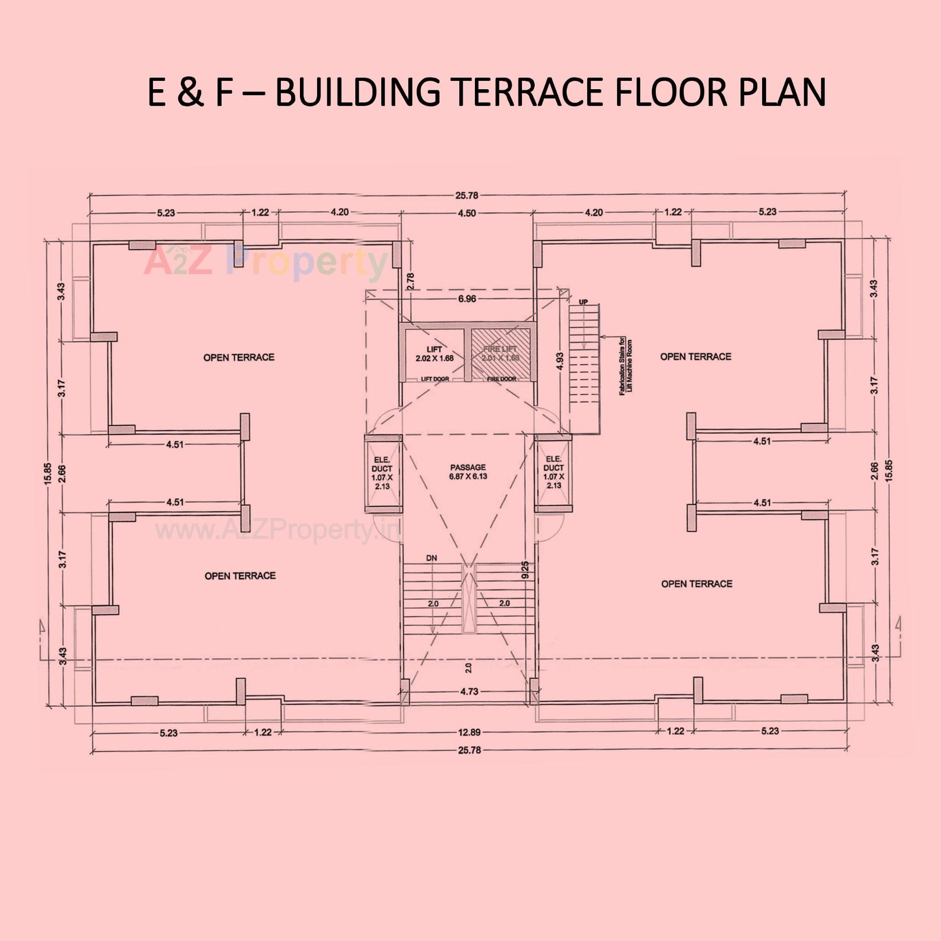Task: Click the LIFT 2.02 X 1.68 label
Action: click(x=434, y=353)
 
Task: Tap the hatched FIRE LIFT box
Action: click(x=500, y=353)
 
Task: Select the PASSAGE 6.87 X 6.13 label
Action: click(x=468, y=471)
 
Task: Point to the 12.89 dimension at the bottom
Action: click(x=469, y=732)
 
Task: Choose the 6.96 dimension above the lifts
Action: click(x=467, y=298)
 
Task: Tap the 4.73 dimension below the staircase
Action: click(x=469, y=692)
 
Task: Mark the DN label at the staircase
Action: click(x=431, y=558)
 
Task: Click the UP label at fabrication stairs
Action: click(x=583, y=302)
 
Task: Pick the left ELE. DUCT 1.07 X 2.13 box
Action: click(x=382, y=473)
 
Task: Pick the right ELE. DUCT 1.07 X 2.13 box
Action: click(x=553, y=472)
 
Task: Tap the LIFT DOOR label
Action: click(x=435, y=379)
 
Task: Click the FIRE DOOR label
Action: click(x=501, y=379)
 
